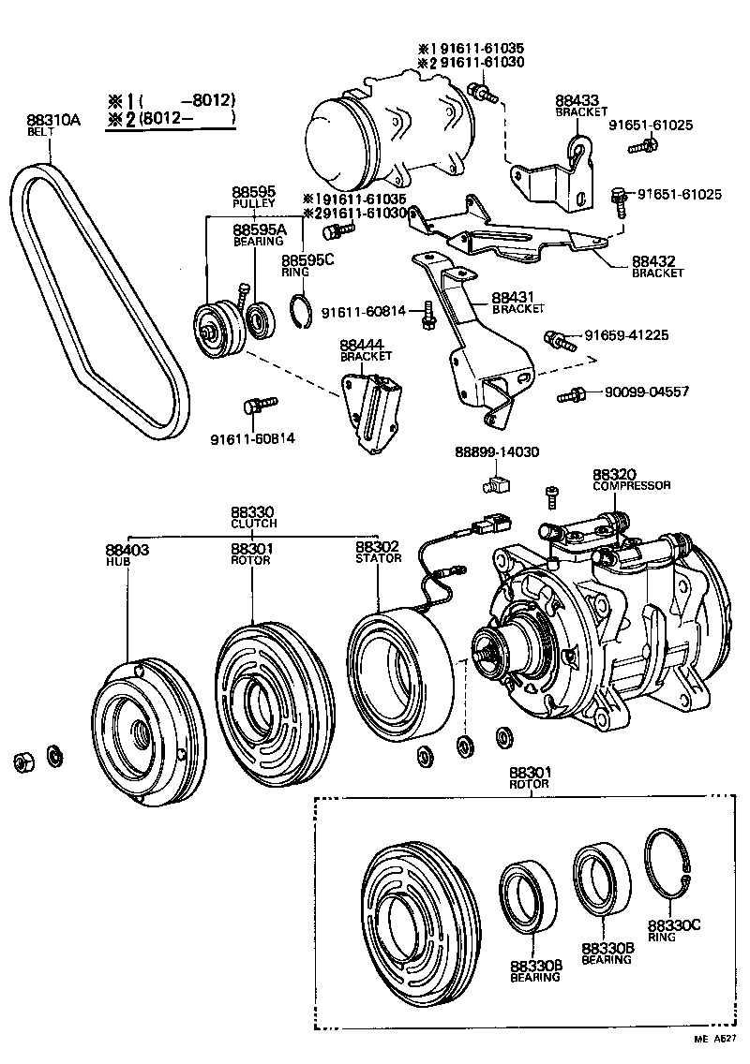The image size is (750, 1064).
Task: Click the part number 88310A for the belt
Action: pos(54,120)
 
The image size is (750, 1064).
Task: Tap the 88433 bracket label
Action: pos(577,100)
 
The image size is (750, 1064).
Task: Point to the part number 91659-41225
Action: pos(626,334)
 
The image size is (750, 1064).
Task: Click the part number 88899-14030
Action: pos(498,451)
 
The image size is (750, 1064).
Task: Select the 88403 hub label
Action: pos(127,549)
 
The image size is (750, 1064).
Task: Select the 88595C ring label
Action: pos(307,260)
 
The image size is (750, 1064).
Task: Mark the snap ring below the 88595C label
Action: pos(300,312)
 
